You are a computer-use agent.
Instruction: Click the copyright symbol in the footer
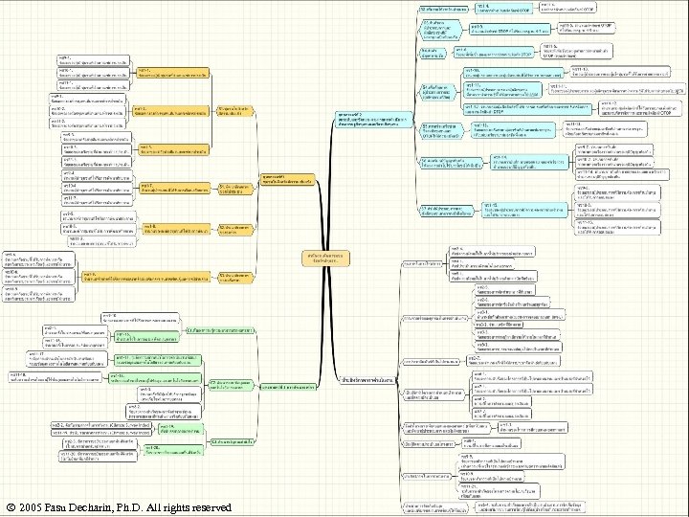coord(10,506)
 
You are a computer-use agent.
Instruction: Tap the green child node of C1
coord(149,336)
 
